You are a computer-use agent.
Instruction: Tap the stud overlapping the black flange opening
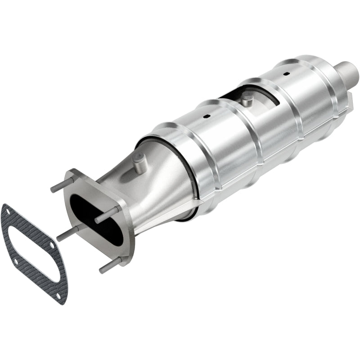point(106,215)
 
